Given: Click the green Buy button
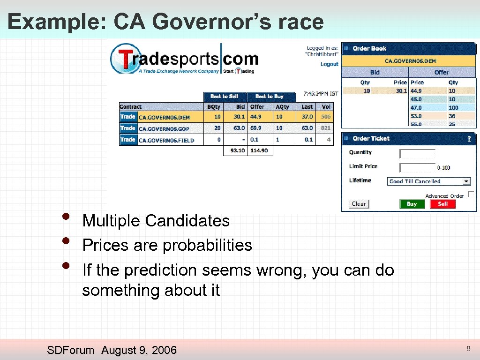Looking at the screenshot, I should point(412,204).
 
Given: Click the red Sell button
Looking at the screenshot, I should point(443,204).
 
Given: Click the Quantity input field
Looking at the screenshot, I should point(417,154).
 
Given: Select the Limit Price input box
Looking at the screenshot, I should point(417,167).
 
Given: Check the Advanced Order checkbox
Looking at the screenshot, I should point(471,194).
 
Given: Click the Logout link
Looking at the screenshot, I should point(329,64).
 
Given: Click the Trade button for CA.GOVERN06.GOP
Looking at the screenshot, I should point(127,128).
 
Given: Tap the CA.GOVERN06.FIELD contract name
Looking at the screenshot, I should point(166,140).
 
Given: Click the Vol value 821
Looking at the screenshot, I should point(326,128).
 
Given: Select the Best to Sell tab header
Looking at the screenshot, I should point(224,96).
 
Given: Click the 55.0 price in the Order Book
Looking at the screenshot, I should point(416,124).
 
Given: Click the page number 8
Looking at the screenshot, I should point(467,348).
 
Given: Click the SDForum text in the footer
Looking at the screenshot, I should point(71,350).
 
